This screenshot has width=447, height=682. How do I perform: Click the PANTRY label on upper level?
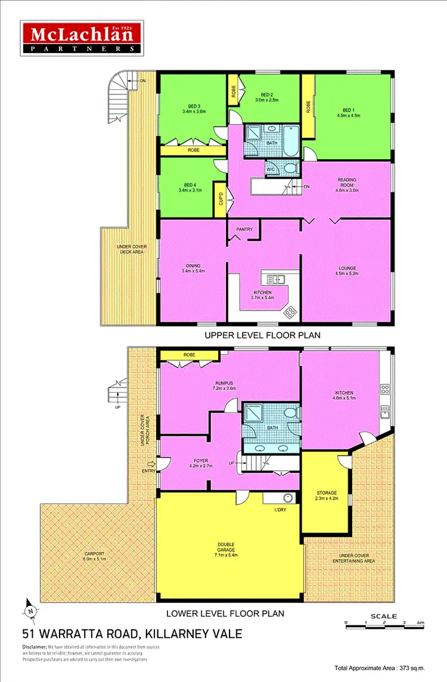point(244,229)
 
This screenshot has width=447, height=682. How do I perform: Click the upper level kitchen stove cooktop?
point(290,311)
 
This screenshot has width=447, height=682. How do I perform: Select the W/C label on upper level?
point(270,168)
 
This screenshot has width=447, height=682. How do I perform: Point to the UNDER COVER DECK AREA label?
point(131,252)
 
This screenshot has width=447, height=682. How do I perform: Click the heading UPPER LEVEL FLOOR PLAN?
point(262,335)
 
